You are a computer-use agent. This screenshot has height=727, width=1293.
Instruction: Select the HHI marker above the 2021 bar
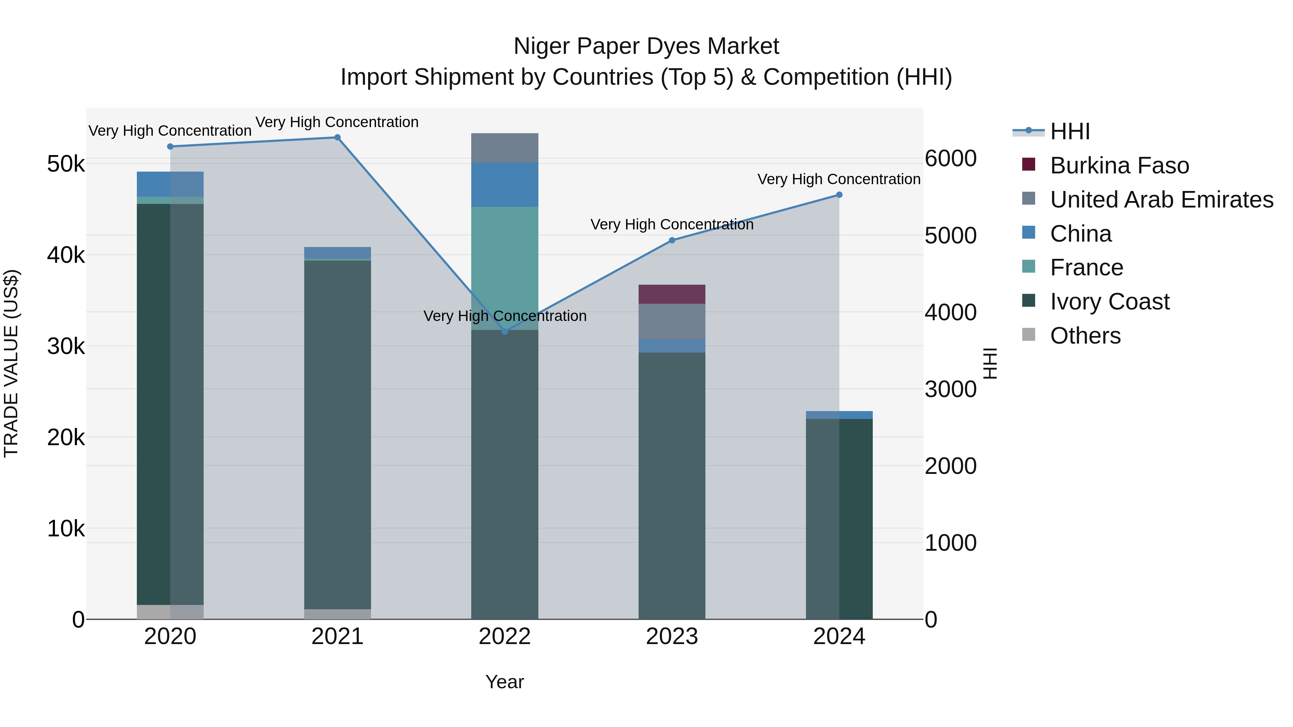(337, 138)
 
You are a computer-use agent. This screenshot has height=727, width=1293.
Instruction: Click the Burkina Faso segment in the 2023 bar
(672, 294)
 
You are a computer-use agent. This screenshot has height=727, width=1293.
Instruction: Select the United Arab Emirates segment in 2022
(505, 148)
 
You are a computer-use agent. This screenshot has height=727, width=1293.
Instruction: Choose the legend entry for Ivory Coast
(1109, 302)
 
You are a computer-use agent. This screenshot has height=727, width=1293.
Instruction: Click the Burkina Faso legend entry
(1119, 166)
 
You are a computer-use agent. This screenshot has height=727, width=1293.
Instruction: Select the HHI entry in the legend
(1070, 131)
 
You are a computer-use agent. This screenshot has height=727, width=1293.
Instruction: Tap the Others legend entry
(1085, 336)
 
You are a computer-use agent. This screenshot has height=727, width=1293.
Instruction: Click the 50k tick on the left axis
(66, 164)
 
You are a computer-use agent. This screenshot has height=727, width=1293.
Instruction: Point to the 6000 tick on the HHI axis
(950, 159)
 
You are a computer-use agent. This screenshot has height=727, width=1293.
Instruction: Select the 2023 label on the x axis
(672, 637)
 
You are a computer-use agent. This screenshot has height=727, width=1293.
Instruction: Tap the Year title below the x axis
(505, 682)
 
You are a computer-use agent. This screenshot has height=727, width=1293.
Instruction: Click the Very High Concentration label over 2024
(838, 179)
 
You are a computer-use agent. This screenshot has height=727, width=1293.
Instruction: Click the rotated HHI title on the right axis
(990, 364)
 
